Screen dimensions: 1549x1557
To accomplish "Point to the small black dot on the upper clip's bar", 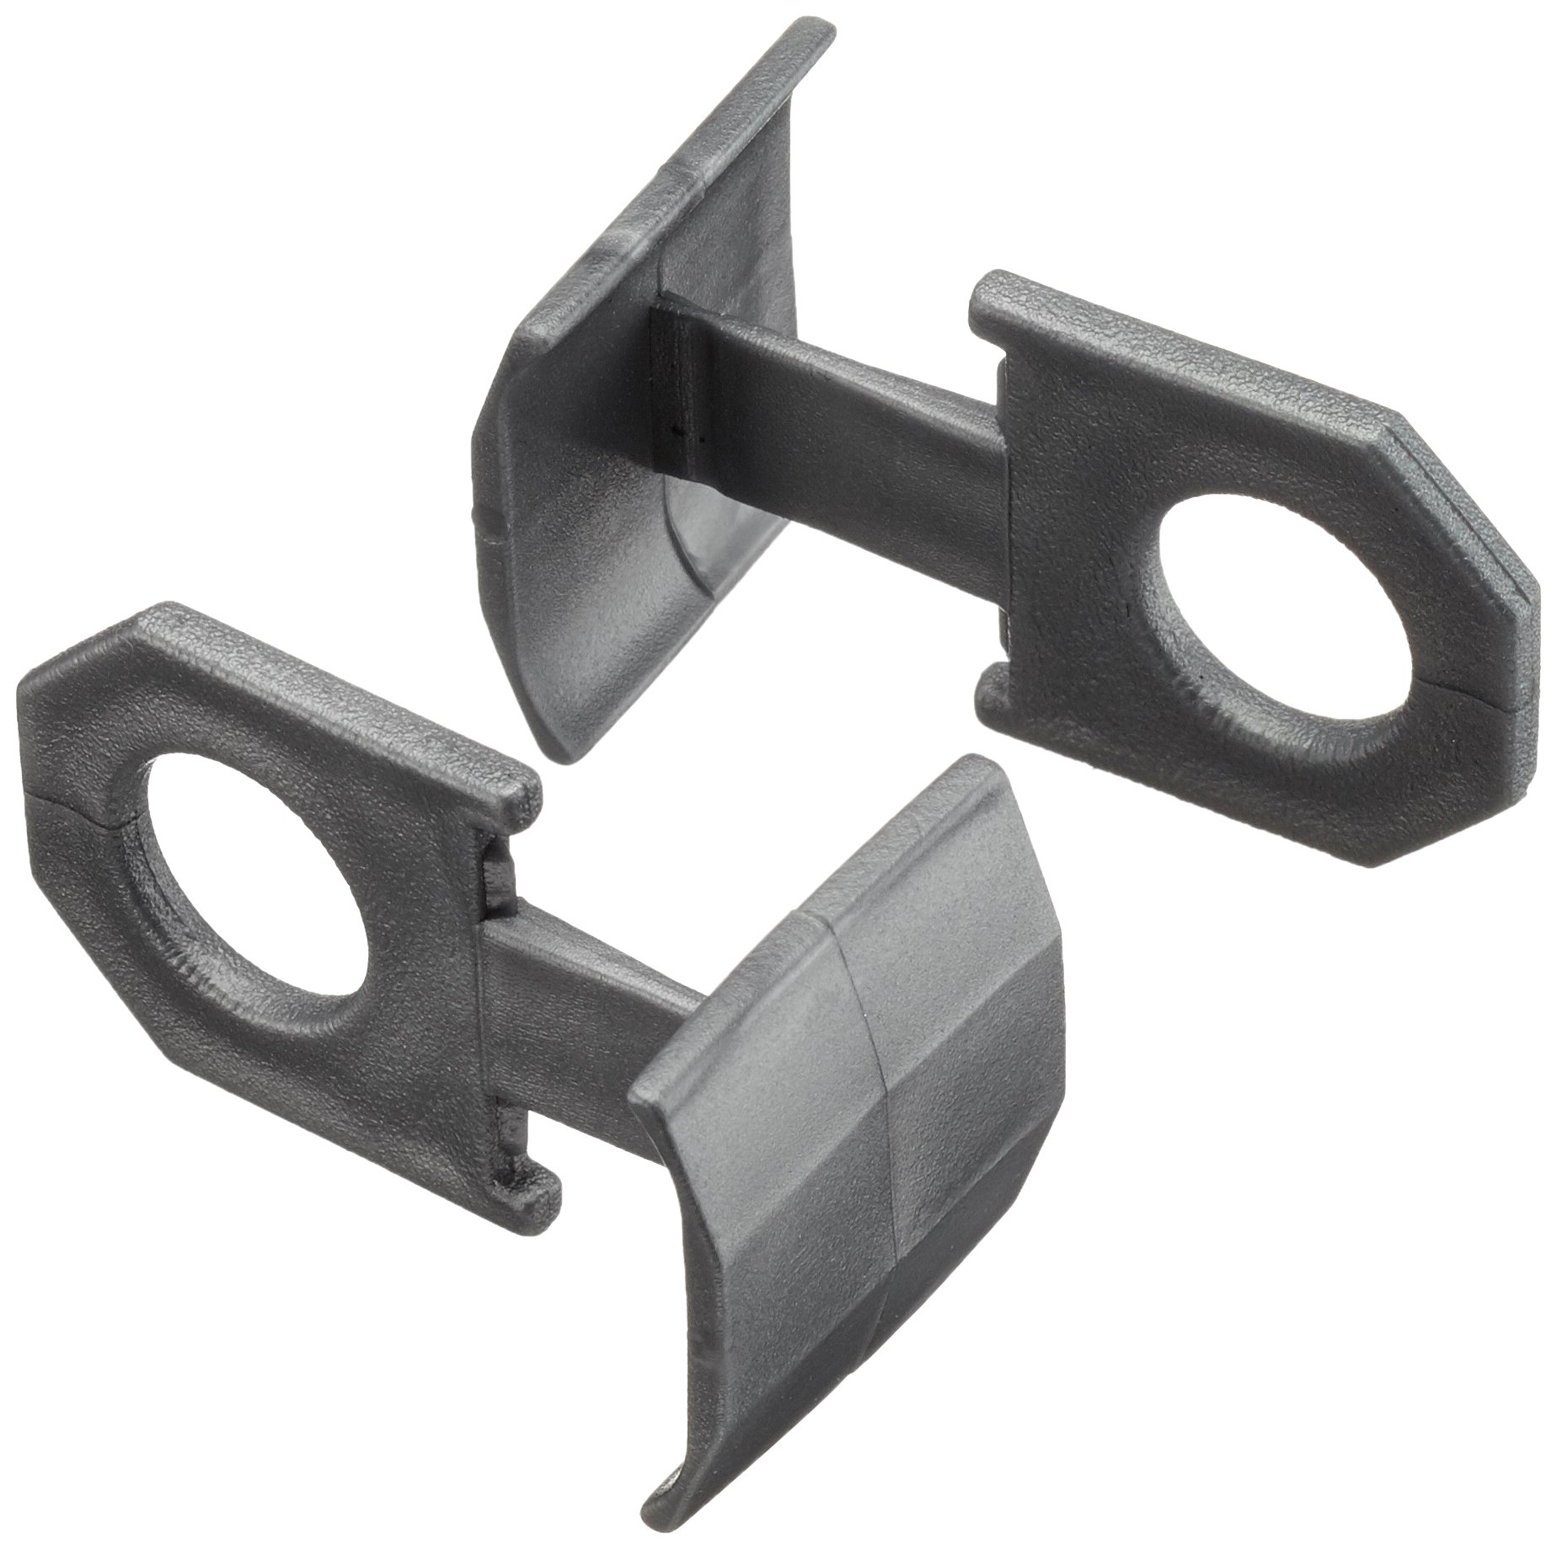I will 677,431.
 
